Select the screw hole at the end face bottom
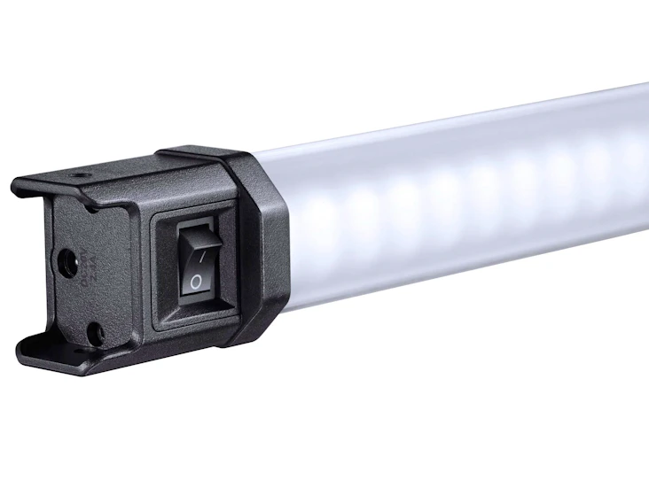coord(95,335)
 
